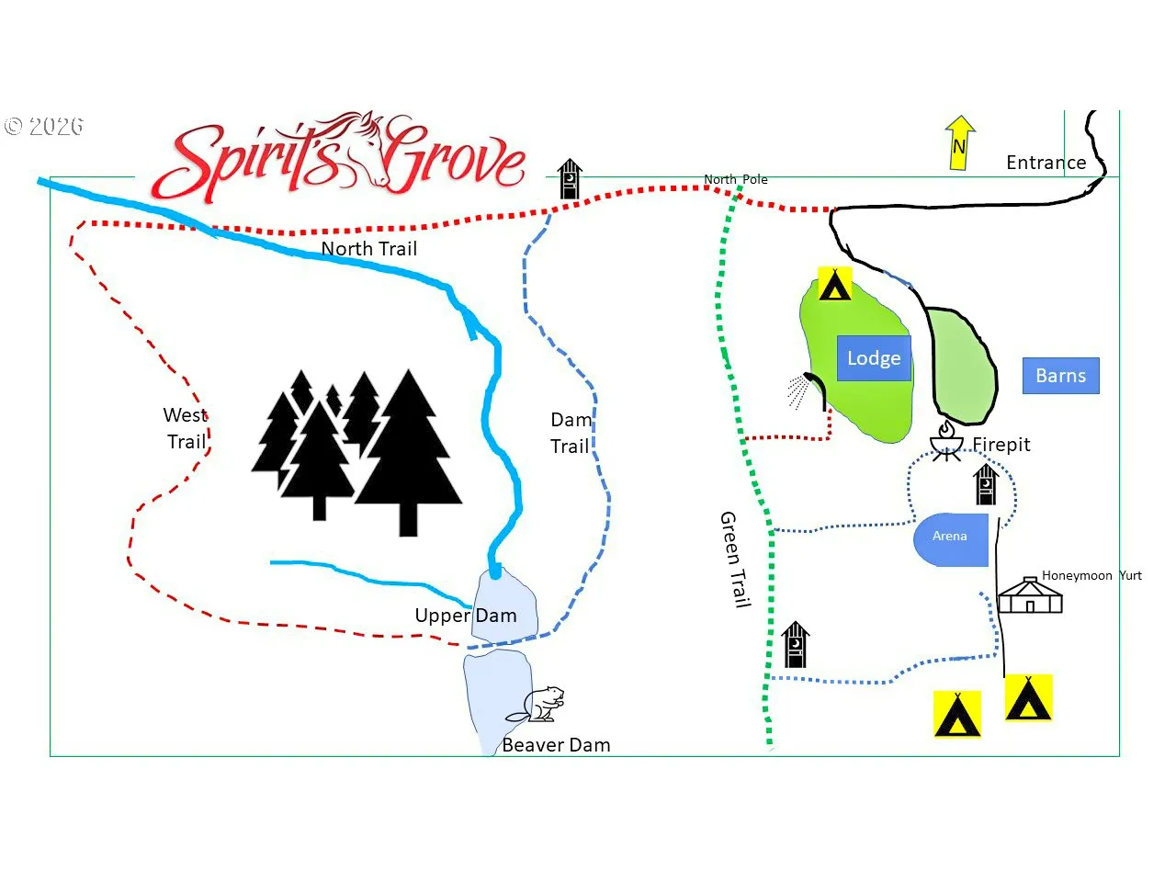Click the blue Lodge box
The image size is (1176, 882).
point(874,358)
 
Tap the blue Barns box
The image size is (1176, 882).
point(1061,376)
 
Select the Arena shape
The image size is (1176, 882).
point(951,540)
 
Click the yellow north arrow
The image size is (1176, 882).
point(959,142)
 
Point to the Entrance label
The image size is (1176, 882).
point(1046,163)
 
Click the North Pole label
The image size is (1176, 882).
point(736,179)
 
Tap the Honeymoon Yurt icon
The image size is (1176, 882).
point(1029,595)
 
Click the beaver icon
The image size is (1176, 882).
point(536,704)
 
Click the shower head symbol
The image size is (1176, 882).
point(807,391)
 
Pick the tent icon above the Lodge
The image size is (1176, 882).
point(835,284)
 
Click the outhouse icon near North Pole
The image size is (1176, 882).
point(570,179)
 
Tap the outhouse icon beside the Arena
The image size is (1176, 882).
point(986,485)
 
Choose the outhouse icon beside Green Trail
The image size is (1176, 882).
point(795,644)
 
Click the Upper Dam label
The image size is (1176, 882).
point(466,616)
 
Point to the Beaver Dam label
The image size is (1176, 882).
point(556,745)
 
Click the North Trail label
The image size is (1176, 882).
point(369,248)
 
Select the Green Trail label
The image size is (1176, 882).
point(734,560)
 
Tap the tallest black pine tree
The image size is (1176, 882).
point(408,453)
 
